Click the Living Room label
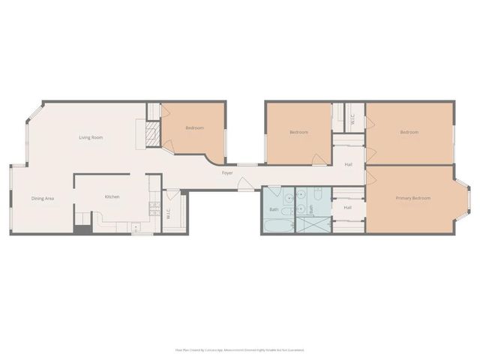click(x=91, y=137)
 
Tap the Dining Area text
click(x=42, y=198)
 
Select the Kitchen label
click(x=112, y=196)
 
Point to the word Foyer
click(x=226, y=173)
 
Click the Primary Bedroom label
click(x=413, y=198)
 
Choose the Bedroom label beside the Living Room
click(x=194, y=128)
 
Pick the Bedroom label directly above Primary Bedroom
click(x=409, y=132)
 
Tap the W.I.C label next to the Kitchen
click(x=169, y=211)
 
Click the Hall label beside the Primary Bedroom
click(x=348, y=208)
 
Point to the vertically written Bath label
click(x=311, y=211)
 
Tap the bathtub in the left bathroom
click(x=277, y=226)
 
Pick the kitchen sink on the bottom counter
click(x=136, y=226)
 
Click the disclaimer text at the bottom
click(x=239, y=349)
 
